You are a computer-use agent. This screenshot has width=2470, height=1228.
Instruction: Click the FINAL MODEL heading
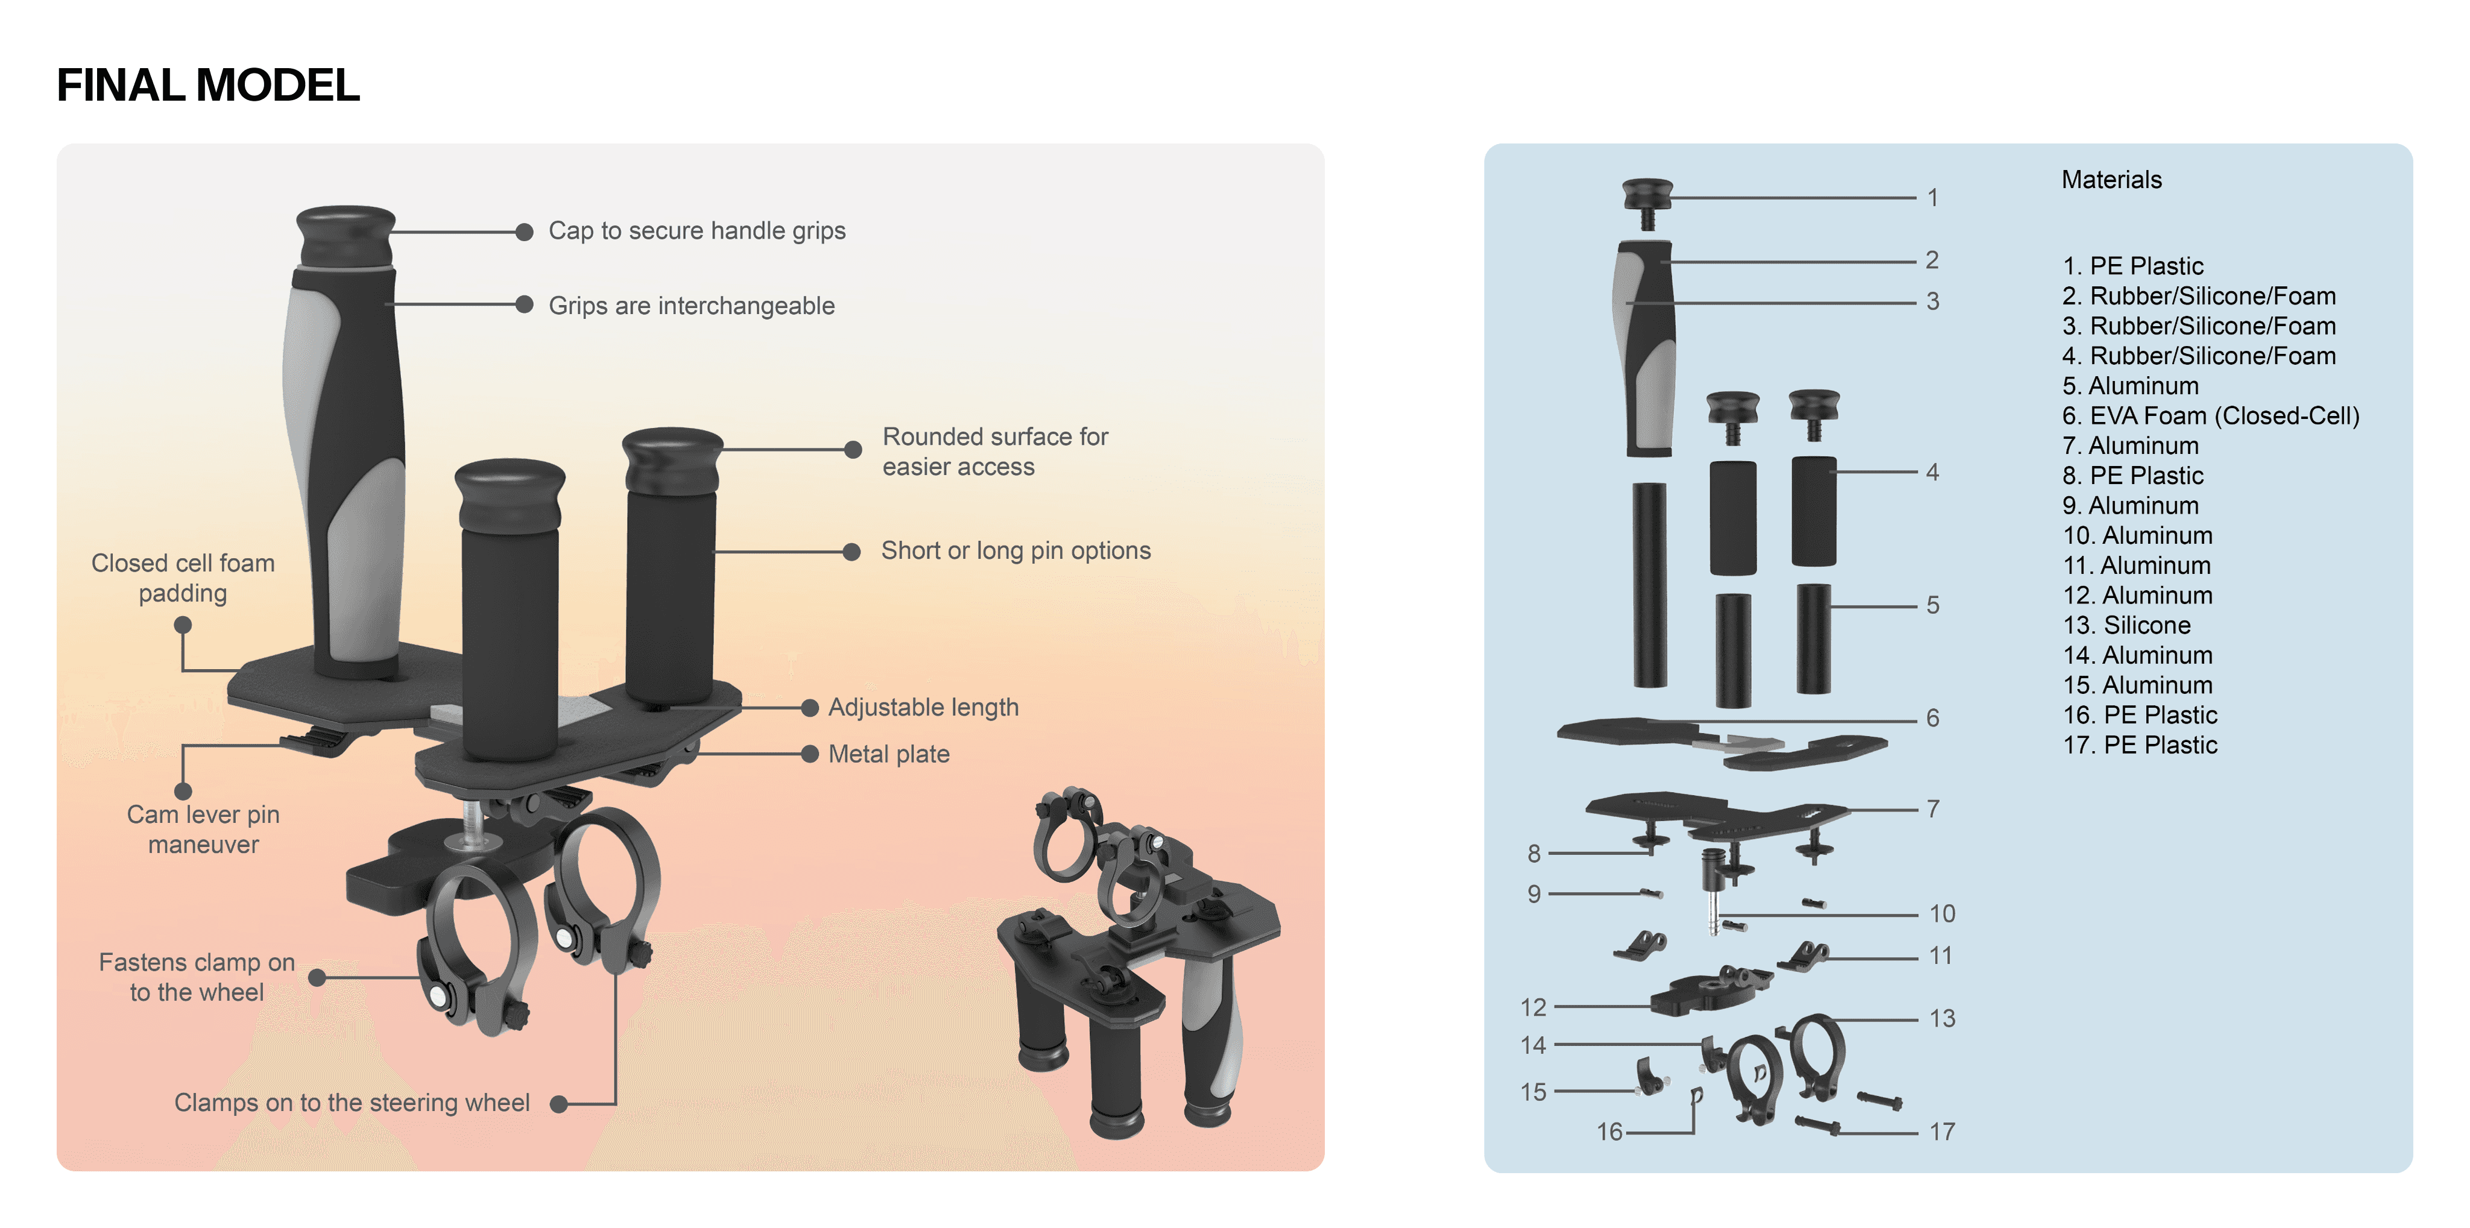[208, 86]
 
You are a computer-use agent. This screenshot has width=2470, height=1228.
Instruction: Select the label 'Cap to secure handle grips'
[697, 231]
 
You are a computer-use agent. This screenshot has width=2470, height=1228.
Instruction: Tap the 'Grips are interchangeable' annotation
[691, 306]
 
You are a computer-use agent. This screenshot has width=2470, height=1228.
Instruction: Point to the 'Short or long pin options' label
[1015, 550]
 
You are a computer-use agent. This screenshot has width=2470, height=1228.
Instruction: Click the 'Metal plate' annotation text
[889, 754]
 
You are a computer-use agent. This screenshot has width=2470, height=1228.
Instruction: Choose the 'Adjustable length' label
[923, 708]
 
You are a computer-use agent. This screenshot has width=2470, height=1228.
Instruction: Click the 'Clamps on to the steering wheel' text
[352, 1103]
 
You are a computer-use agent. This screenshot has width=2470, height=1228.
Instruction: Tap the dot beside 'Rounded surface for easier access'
[853, 450]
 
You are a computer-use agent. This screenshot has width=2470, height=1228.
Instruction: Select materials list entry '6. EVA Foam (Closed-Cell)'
[2210, 416]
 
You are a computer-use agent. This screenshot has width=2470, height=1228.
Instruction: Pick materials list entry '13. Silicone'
[2127, 625]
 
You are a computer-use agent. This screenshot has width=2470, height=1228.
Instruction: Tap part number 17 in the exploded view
[1942, 1132]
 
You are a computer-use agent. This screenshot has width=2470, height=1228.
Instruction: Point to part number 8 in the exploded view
[1534, 853]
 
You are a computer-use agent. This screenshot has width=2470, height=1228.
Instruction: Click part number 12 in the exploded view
[1533, 1007]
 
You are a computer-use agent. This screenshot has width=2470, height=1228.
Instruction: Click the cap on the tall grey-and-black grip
[346, 236]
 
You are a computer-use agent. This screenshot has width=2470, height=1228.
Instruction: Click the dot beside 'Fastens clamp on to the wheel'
[317, 978]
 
